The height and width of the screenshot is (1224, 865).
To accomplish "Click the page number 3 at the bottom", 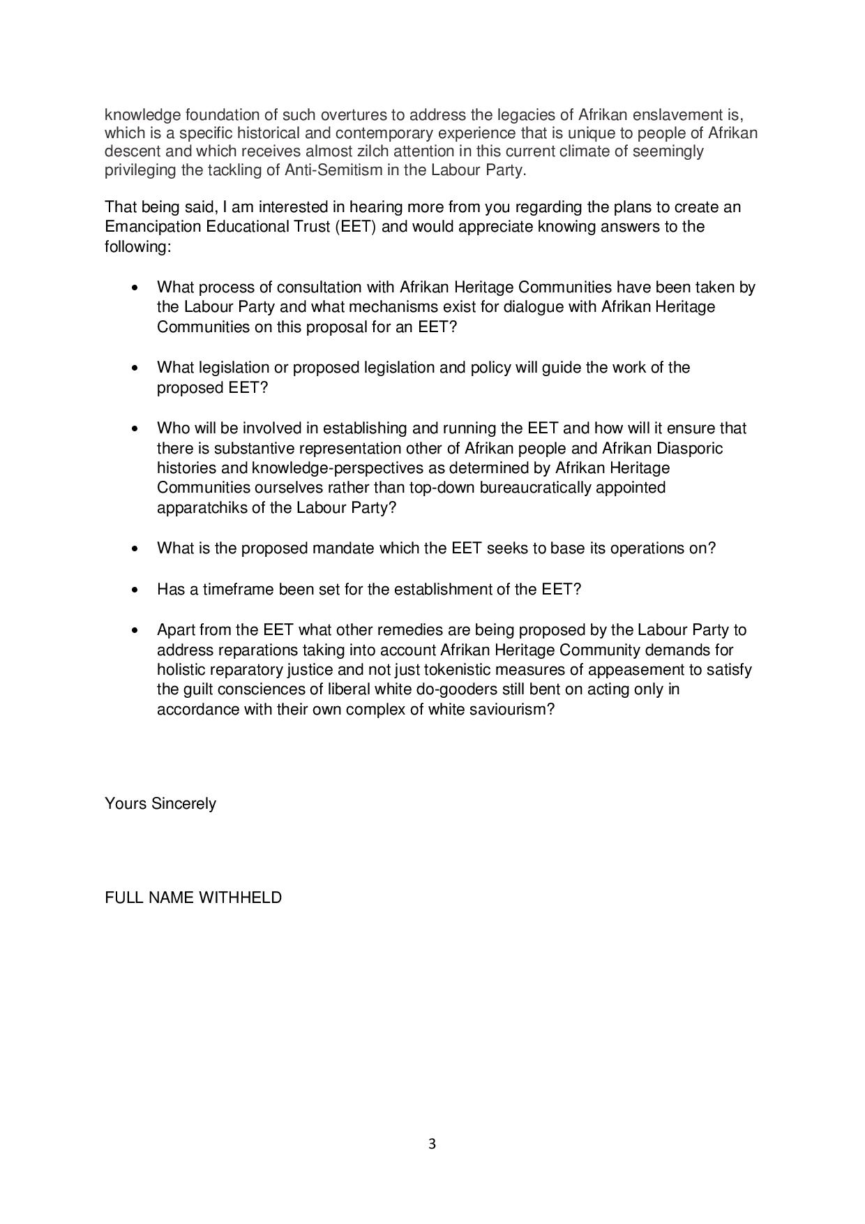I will click(x=432, y=1144).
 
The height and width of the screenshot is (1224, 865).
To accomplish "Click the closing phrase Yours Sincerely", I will click(x=160, y=803).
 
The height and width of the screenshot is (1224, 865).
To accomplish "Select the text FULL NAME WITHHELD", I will click(x=193, y=897).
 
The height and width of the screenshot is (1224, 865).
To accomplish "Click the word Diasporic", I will click(x=689, y=447).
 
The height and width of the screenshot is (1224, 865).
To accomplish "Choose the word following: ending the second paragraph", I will click(x=137, y=246).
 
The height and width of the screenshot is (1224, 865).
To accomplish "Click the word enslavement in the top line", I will click(x=673, y=114).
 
